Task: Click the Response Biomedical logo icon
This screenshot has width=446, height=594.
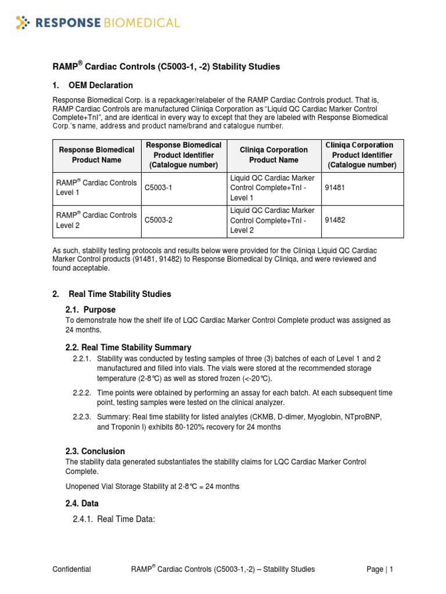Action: tap(22, 23)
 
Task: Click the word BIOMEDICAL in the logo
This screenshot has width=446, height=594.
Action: tap(142, 23)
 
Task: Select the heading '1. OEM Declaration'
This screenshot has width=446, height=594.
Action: tap(92, 85)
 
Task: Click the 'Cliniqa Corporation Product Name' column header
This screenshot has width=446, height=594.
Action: tap(273, 155)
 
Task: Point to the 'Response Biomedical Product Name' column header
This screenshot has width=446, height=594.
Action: tap(97, 155)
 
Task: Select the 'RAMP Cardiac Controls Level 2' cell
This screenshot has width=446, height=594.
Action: tap(96, 220)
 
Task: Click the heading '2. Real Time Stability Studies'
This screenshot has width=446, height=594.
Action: tap(111, 294)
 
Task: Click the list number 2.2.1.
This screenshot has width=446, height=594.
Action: tap(82, 358)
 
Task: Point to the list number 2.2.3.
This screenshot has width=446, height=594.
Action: tap(82, 417)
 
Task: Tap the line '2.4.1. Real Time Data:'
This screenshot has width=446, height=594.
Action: tap(114, 519)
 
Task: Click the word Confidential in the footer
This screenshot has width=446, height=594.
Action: tap(71, 569)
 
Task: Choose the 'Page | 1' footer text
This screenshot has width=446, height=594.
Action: tap(380, 569)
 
